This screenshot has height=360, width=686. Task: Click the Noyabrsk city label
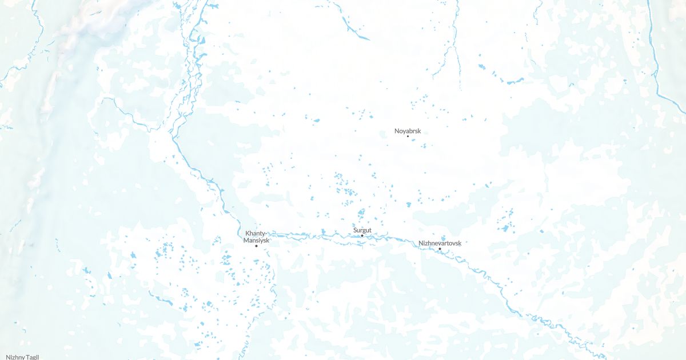408,131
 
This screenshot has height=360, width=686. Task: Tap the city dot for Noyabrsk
408,137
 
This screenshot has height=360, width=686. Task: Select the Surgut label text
362,230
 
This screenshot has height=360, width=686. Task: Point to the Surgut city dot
362,235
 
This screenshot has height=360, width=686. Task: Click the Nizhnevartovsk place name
440,243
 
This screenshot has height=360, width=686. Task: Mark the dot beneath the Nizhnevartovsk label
440,249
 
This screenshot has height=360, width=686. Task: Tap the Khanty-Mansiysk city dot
256,246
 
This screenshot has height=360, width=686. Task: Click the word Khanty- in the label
256,234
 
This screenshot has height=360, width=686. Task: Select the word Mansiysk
256,241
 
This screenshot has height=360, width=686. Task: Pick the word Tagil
32,357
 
